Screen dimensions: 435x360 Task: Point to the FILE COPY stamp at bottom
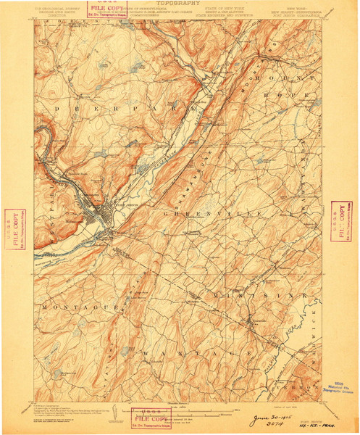coord(153,418)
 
